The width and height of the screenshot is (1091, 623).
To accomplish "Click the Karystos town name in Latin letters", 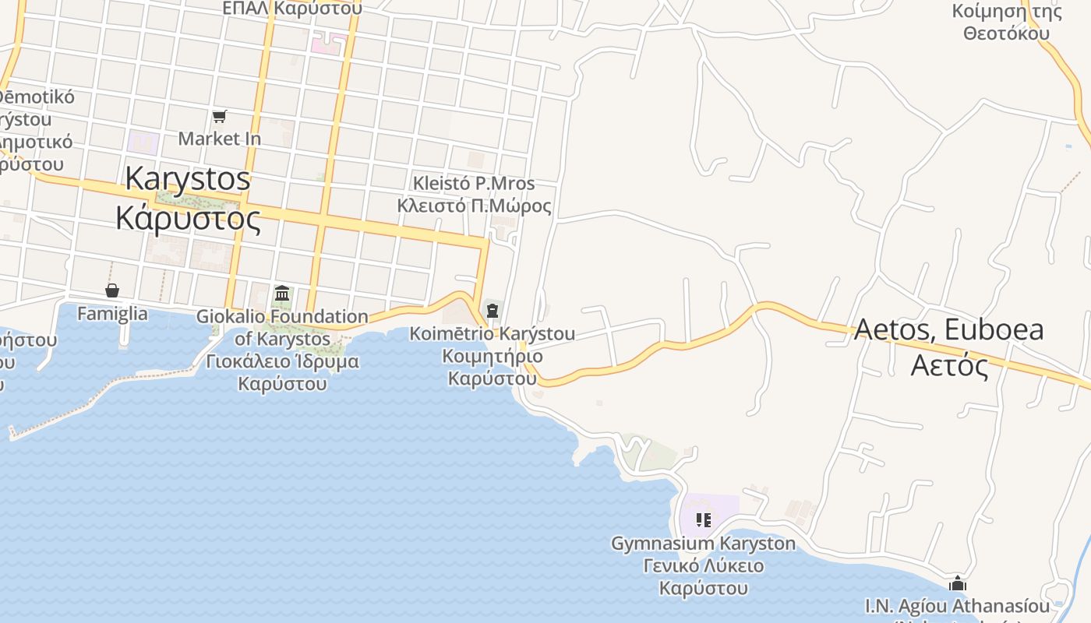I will click(188, 179).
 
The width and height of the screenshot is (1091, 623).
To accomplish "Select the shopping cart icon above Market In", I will click(219, 117).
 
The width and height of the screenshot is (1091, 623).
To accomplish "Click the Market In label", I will click(219, 139).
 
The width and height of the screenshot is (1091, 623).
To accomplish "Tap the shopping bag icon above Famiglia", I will click(112, 290).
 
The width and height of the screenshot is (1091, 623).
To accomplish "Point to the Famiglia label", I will click(112, 314).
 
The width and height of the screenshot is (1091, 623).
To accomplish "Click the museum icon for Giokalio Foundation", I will click(282, 294).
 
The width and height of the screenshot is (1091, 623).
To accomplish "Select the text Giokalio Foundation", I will click(282, 317).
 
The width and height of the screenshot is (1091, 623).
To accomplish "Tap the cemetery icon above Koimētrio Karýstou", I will click(493, 311).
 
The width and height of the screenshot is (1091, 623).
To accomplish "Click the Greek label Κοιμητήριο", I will click(493, 357).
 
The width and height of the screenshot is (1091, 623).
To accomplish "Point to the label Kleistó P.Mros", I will click(474, 184).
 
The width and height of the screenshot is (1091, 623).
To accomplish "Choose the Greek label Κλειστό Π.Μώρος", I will click(474, 206).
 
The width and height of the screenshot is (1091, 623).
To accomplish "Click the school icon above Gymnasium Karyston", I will click(704, 519).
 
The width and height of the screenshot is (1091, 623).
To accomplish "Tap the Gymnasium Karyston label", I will click(704, 544).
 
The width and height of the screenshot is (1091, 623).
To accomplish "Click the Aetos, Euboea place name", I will click(949, 329).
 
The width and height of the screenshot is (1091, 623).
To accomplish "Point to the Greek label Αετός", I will click(949, 364).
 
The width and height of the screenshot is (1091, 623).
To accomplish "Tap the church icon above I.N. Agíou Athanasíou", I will click(958, 583).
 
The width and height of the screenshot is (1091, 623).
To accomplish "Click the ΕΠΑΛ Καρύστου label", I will click(292, 9).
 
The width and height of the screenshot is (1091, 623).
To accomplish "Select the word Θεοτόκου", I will click(1006, 33).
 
